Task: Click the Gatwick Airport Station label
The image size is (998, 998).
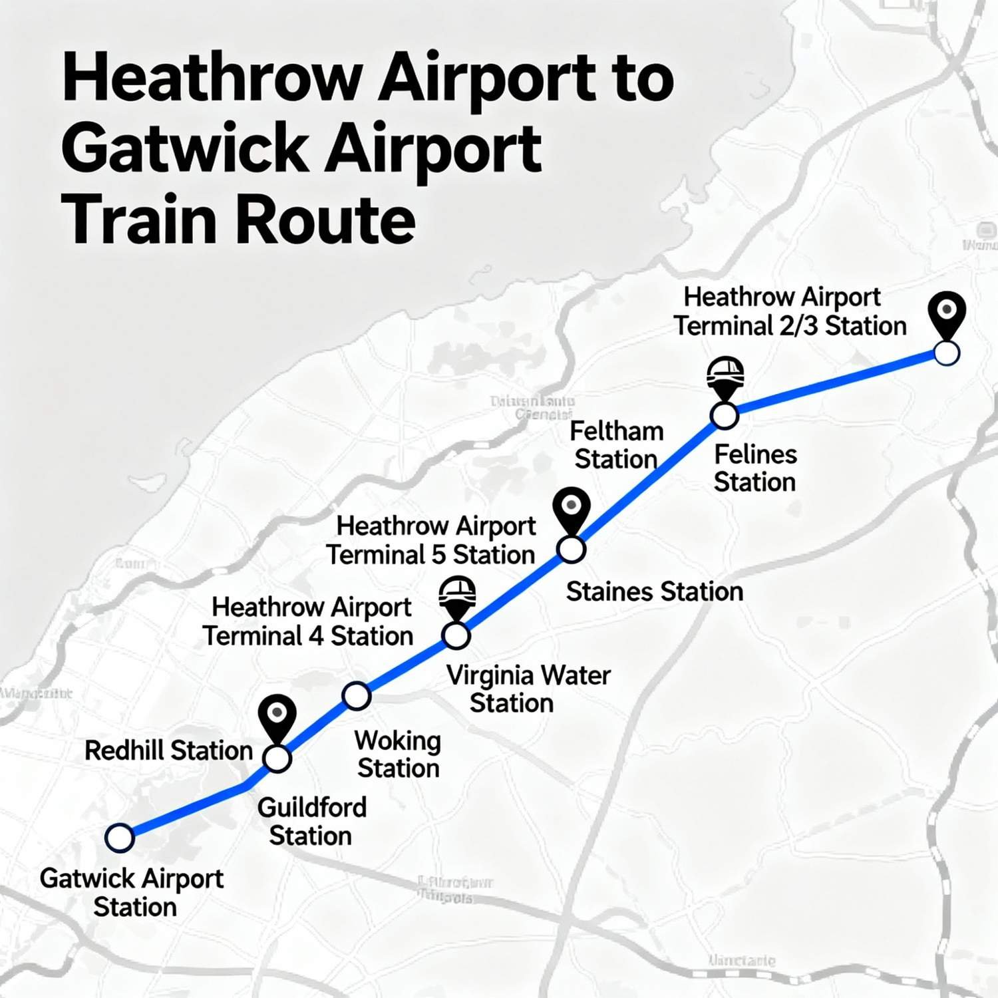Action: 132,892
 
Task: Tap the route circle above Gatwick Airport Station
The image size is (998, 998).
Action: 120,838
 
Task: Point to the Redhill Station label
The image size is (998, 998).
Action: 168,750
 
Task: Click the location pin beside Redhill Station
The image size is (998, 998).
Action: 277,717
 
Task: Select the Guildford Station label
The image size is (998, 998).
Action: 311,822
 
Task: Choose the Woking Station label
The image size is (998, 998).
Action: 398,754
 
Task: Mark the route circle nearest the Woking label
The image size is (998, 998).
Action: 356,696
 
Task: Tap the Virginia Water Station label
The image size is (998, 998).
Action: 528,689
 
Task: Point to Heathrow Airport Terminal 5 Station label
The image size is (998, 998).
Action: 431,540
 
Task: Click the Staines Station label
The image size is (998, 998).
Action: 654,591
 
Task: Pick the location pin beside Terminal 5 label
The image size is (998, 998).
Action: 572,509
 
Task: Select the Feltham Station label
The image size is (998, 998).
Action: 617,445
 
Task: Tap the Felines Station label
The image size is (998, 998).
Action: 755,468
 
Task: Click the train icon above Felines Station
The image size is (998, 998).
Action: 725,376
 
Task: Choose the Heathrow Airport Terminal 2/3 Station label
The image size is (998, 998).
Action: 790,311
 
